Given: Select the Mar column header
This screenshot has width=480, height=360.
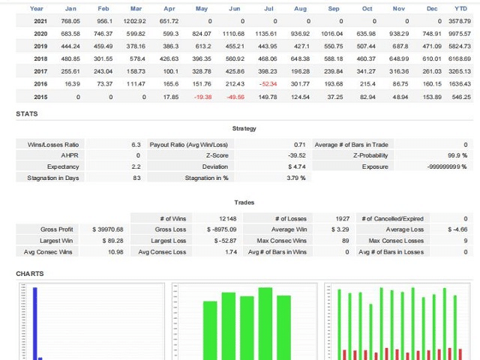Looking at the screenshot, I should (136, 8).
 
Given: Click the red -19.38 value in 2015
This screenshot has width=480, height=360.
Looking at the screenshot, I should (202, 97).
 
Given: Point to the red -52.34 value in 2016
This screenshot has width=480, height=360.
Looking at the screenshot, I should (268, 84).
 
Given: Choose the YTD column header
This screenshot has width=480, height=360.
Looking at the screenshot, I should (460, 8).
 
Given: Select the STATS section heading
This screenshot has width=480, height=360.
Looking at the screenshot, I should (27, 114).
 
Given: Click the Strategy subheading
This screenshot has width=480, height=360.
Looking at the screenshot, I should (244, 129).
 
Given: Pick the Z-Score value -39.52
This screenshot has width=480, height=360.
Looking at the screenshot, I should (297, 155).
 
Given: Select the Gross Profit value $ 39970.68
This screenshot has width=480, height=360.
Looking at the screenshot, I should (107, 229).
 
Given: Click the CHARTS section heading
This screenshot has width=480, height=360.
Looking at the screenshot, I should (30, 274).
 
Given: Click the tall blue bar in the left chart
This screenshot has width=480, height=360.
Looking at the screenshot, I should (34, 322).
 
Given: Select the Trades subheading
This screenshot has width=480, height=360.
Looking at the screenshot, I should (244, 202).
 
